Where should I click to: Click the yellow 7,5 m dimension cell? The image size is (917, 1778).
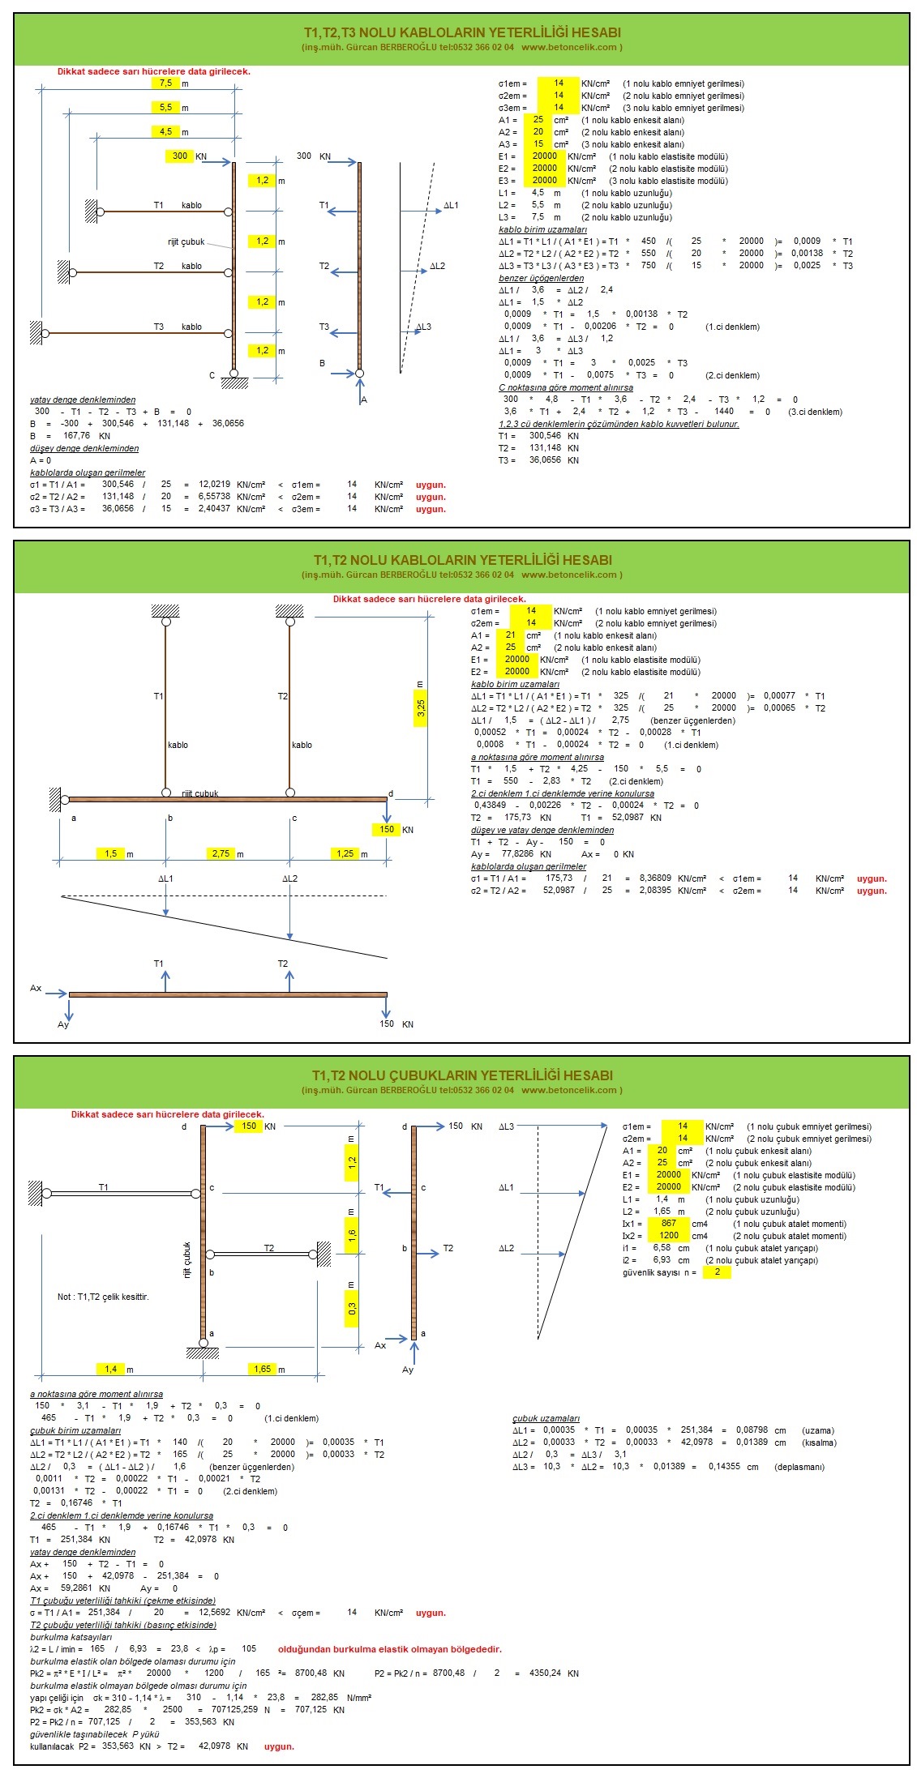[165, 83]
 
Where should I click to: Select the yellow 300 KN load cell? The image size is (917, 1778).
[180, 156]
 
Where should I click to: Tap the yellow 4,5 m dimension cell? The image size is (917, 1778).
[165, 131]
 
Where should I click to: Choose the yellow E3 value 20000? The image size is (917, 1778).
[545, 181]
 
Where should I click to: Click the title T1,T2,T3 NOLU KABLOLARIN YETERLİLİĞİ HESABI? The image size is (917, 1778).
[462, 32]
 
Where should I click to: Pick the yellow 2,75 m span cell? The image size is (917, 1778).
[221, 853]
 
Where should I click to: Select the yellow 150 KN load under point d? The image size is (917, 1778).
[387, 829]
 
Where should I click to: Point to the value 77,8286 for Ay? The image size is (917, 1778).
[517, 854]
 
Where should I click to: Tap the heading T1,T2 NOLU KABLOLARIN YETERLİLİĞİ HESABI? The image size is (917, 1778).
[462, 560]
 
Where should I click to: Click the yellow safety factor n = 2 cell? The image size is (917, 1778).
[717, 1272]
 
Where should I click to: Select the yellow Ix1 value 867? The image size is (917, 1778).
[669, 1223]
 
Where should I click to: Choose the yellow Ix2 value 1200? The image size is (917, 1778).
[669, 1235]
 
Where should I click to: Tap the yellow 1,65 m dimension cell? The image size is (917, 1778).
[262, 1369]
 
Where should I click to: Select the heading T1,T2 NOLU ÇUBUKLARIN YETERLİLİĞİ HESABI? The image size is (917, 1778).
[462, 1075]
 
